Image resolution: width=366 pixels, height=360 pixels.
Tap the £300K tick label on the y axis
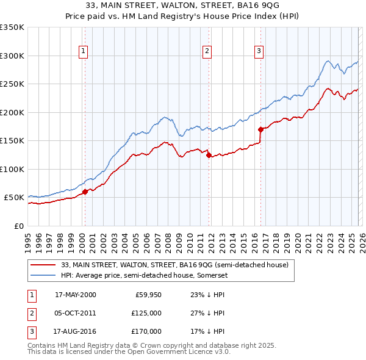coord(12,56)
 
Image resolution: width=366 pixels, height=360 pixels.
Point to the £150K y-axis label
coord(12,141)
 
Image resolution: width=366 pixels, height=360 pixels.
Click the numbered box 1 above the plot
coord(83,51)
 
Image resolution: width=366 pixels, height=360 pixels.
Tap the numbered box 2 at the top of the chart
coord(207,51)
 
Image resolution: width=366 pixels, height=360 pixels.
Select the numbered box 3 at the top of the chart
coord(259,51)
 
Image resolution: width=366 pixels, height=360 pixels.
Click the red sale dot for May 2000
coord(85,192)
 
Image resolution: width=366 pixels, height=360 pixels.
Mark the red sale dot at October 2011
coord(209,155)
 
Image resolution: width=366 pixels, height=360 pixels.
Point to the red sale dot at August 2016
coord(261,129)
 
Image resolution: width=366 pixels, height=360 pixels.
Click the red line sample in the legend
coord(43,265)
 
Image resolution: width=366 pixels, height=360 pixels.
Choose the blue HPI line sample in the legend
coord(43,275)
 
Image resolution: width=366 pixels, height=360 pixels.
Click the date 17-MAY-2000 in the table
coord(75,295)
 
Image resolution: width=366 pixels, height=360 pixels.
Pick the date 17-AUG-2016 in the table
coord(75,331)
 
